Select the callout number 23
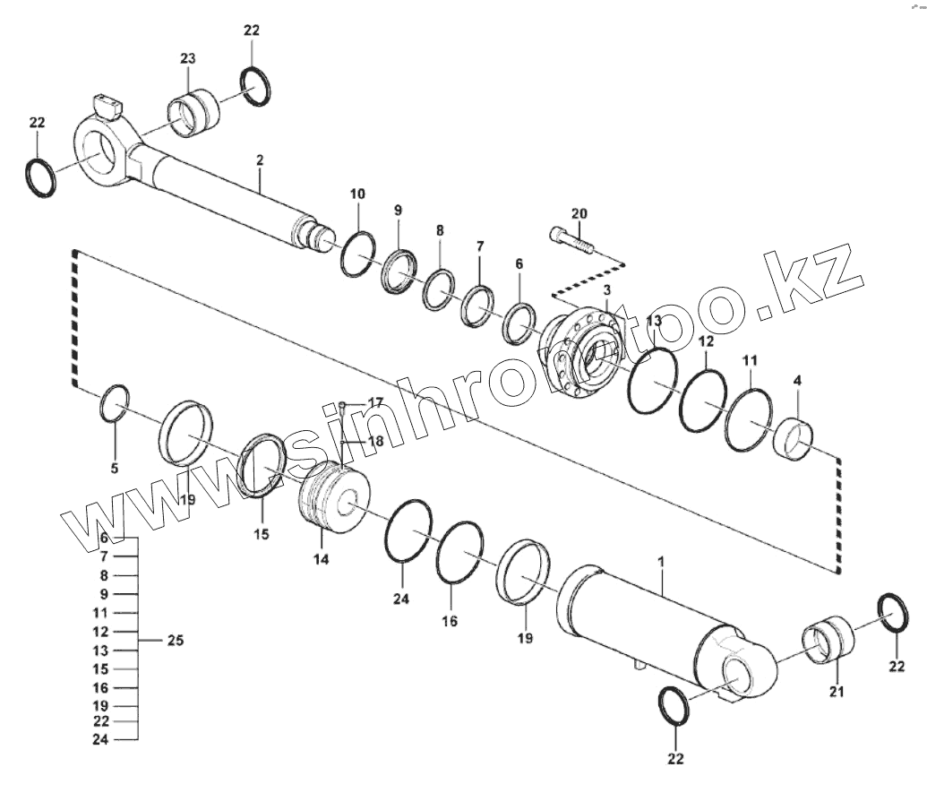point(187,59)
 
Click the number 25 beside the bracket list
point(176,641)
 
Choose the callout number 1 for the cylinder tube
point(660,562)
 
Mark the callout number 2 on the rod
point(259,160)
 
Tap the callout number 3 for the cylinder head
point(606,290)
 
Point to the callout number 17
point(374,402)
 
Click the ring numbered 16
point(460,551)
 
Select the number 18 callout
point(374,441)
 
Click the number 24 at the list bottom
point(100,739)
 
